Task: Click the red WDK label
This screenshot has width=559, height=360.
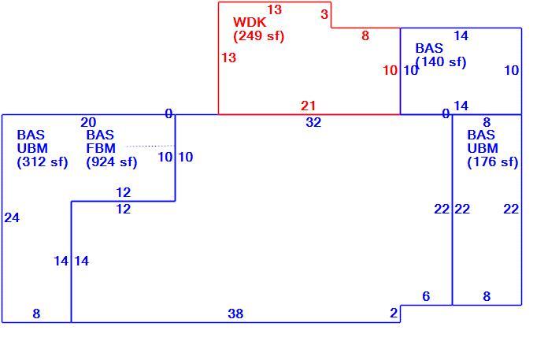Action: pyautogui.click(x=250, y=22)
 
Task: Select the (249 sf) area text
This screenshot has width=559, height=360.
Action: pyautogui.click(x=259, y=36)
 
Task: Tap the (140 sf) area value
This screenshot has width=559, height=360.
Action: pyautogui.click(x=441, y=62)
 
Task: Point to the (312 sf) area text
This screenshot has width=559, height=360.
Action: pyautogui.click(x=43, y=162)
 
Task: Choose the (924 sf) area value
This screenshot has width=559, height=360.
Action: pyautogui.click(x=112, y=162)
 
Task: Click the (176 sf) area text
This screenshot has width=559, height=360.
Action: pyautogui.click(x=493, y=162)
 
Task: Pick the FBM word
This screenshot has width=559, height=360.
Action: pyautogui.click(x=101, y=148)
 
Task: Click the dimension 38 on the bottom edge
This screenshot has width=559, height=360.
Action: pyautogui.click(x=235, y=314)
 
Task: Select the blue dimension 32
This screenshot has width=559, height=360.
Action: pyautogui.click(x=313, y=122)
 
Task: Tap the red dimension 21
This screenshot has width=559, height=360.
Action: pyautogui.click(x=309, y=106)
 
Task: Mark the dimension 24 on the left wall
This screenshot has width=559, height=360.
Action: pyautogui.click(x=12, y=217)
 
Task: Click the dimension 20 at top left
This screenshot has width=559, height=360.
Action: pyautogui.click(x=88, y=122)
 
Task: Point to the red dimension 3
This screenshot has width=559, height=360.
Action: pyautogui.click(x=324, y=14)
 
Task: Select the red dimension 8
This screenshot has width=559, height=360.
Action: pyautogui.click(x=365, y=35)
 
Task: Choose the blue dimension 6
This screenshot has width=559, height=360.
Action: pyautogui.click(x=426, y=296)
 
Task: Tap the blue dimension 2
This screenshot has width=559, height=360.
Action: pyautogui.click(x=394, y=313)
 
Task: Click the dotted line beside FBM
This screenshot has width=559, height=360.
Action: pyautogui.click(x=150, y=146)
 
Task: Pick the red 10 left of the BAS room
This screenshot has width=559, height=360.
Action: pyautogui.click(x=390, y=70)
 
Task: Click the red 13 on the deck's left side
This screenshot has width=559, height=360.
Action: pyautogui.click(x=228, y=58)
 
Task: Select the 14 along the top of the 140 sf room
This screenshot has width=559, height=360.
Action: pyautogui.click(x=461, y=35)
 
